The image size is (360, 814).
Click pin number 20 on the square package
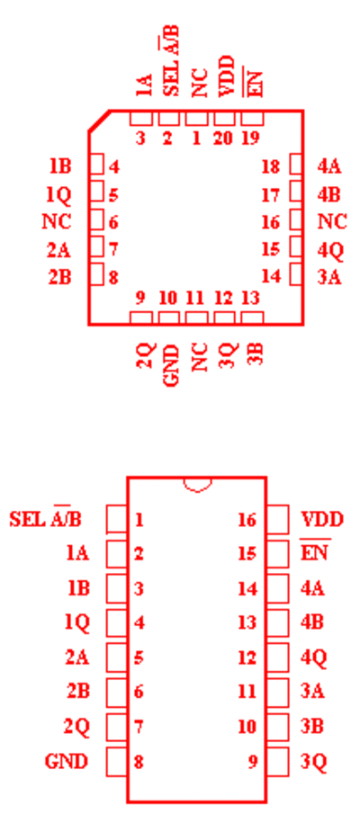click(x=223, y=139)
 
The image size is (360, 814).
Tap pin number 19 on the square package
click(x=250, y=139)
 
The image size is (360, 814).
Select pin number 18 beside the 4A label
click(x=271, y=167)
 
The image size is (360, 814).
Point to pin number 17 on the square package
click(x=271, y=195)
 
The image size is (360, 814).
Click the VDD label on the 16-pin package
click(x=322, y=519)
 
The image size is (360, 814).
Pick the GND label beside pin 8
click(x=67, y=762)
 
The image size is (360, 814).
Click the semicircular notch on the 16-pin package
click(x=197, y=486)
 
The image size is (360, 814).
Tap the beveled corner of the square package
click(x=99, y=121)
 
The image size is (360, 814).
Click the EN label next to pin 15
click(x=315, y=552)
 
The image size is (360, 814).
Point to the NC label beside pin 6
click(x=57, y=222)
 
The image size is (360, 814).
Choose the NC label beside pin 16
click(x=332, y=222)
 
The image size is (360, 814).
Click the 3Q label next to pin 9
click(x=314, y=762)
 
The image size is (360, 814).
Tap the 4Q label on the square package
click(x=330, y=251)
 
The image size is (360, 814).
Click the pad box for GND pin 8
click(x=117, y=762)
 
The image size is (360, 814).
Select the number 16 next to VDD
click(x=247, y=520)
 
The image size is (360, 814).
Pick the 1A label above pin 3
click(x=144, y=85)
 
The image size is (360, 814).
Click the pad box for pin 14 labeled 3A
click(x=296, y=274)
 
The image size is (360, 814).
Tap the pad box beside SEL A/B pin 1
click(x=117, y=519)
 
